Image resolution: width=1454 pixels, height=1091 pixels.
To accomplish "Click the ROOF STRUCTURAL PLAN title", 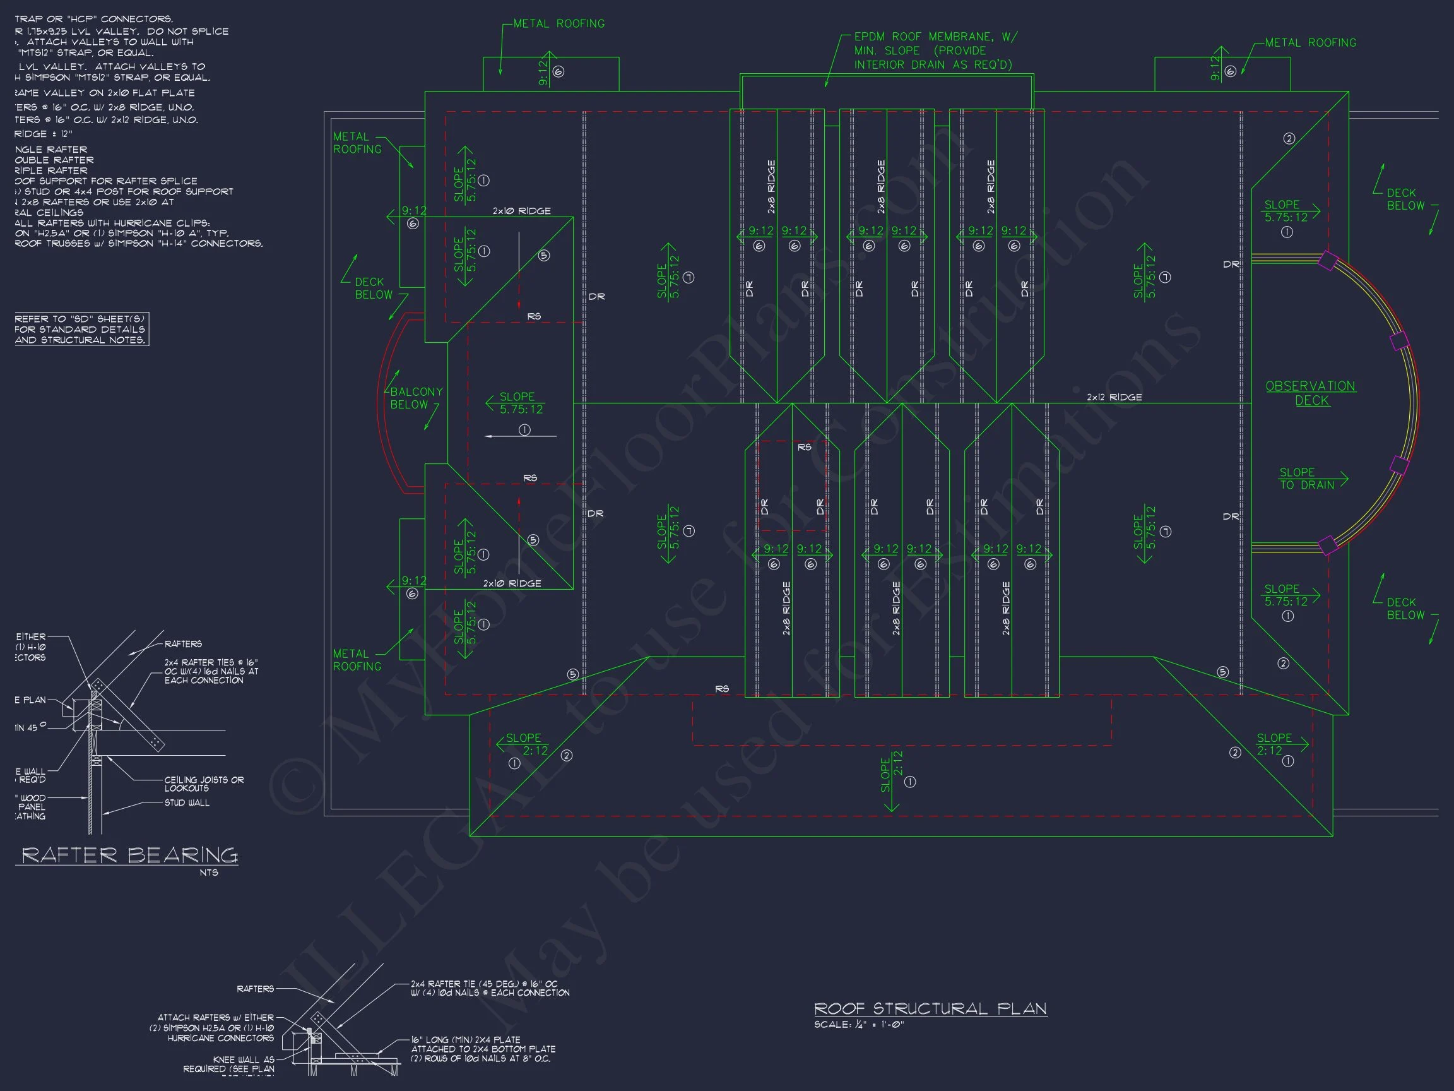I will click(930, 1008).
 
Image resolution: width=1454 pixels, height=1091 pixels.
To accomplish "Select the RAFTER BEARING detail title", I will click(129, 855).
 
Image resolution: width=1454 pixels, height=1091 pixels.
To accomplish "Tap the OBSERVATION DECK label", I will click(1311, 393).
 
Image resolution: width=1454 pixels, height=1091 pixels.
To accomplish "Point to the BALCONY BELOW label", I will click(416, 398).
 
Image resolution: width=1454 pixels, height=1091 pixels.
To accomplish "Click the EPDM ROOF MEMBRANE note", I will click(934, 51).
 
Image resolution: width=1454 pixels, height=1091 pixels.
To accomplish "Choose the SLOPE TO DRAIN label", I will click(1307, 479).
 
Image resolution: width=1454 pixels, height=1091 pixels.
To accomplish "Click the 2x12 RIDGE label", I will click(1114, 397).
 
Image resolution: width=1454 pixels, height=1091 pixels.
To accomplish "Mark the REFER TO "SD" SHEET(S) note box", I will click(81, 329).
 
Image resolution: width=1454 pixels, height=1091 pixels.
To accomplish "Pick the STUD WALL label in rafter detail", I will click(187, 803).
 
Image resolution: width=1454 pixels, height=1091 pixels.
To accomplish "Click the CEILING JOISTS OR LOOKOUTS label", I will click(204, 784).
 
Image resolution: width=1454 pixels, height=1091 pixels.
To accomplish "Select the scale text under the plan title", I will click(859, 1025).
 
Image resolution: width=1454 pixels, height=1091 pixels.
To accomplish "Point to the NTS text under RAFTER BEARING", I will click(208, 873).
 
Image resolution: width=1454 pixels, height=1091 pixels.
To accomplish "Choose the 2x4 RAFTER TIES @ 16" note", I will click(211, 671).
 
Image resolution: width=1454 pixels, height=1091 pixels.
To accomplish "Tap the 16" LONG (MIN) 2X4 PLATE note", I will click(483, 1049).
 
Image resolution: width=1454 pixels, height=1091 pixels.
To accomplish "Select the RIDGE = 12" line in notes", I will click(44, 133).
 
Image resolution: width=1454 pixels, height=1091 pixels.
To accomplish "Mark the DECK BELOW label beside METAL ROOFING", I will click(374, 288).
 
